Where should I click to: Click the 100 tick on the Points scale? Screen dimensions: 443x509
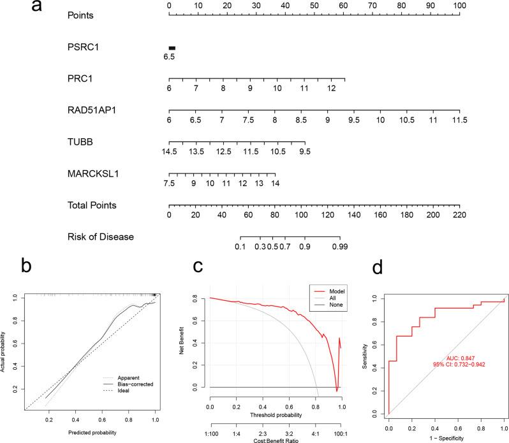pyautogui.click(x=459, y=5)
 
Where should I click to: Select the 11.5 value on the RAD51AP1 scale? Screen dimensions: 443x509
pyautogui.click(x=459, y=120)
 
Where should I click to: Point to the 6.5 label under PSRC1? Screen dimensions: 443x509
pyautogui.click(x=169, y=57)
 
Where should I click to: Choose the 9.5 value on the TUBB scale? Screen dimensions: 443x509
pyautogui.click(x=304, y=152)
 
